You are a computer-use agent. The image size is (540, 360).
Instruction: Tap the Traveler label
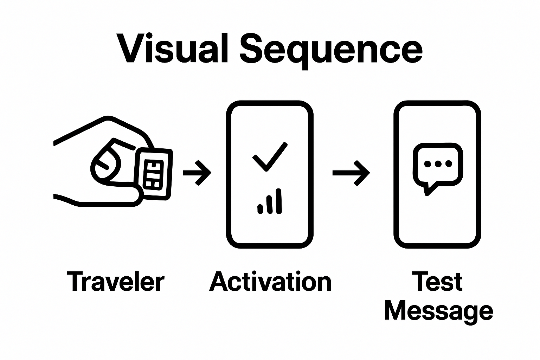click(x=116, y=282)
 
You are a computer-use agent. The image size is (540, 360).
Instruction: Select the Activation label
click(x=270, y=282)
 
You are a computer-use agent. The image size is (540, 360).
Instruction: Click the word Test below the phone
click(x=438, y=282)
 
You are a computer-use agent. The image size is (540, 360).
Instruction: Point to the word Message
click(x=438, y=311)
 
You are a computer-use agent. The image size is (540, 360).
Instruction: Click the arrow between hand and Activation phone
click(x=197, y=172)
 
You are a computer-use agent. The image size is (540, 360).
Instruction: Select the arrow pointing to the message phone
click(x=351, y=172)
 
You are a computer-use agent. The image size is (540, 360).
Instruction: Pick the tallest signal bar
click(x=279, y=201)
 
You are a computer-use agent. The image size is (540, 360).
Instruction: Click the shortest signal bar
click(x=261, y=208)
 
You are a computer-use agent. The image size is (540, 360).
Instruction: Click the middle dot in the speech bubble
click(x=438, y=163)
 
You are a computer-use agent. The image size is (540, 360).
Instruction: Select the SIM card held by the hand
click(x=154, y=172)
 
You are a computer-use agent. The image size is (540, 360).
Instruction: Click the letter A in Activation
click(x=218, y=282)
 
